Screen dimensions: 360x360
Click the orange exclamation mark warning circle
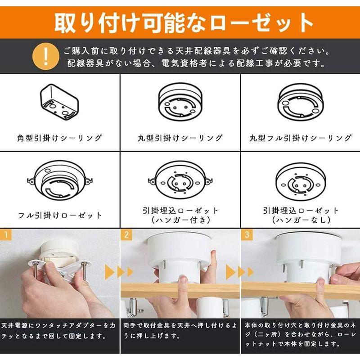click(x=46, y=56)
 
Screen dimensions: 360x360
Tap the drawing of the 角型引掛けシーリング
click(x=59, y=102)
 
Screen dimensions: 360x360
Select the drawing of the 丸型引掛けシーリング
click(x=180, y=102)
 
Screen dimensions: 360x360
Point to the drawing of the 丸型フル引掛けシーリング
click(x=300, y=103)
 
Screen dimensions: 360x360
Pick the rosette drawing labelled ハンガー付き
click(x=180, y=180)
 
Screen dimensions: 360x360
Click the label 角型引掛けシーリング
click(x=59, y=138)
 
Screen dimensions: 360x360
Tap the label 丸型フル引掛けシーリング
click(x=301, y=138)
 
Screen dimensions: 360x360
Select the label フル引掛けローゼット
click(x=60, y=215)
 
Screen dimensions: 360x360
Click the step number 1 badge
click(x=6, y=234)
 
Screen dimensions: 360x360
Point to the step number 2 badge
click(x=126, y=234)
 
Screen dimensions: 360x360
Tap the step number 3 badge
click(x=247, y=234)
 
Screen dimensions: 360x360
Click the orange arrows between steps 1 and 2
click(x=119, y=272)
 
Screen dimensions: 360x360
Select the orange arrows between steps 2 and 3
click(x=240, y=272)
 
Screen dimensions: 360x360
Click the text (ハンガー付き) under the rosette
click(x=180, y=220)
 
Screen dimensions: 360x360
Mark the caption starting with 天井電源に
click(x=58, y=331)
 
